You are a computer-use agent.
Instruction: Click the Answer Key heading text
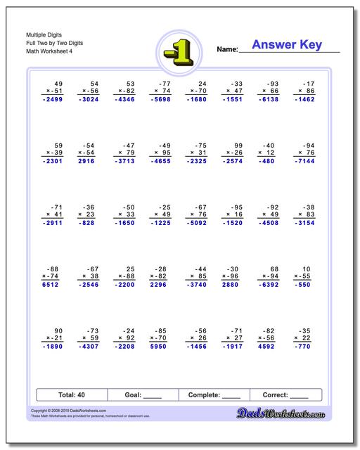[286, 45]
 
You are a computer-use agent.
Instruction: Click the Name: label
[227, 51]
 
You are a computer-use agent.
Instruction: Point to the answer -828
[87, 222]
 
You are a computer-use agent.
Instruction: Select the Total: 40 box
[71, 395]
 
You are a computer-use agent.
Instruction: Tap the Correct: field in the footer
[285, 395]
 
